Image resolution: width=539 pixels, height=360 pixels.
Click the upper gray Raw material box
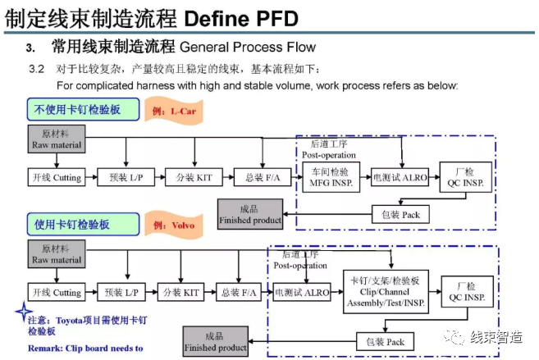coord(57,137)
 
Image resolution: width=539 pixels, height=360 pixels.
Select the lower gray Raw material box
coord(57,253)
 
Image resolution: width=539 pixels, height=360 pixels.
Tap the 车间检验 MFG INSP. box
coord(331,176)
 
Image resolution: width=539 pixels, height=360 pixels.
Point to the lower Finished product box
coord(215,341)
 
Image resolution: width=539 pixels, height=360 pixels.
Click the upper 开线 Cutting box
coord(56,177)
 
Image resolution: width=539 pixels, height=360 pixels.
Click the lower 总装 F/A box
coord(240,292)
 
